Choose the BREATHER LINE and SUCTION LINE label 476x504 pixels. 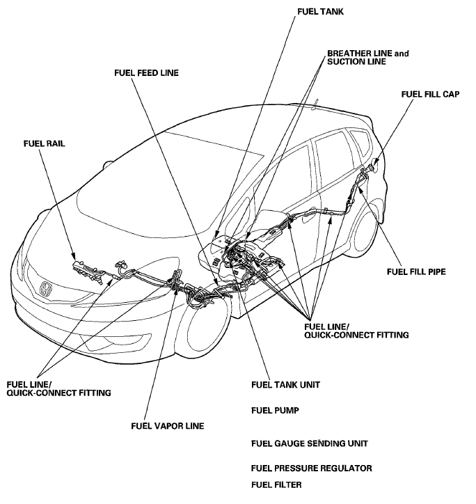pyautogui.click(x=367, y=58)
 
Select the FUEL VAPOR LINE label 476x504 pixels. pyautogui.click(x=171, y=425)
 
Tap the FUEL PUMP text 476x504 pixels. pyautogui.click(x=275, y=411)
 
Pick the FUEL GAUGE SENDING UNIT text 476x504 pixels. pyautogui.click(x=309, y=443)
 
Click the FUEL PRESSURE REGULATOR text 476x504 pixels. pyautogui.click(x=312, y=468)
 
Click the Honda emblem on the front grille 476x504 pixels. pyautogui.click(x=45, y=289)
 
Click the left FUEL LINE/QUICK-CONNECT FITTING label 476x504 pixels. pyautogui.click(x=58, y=388)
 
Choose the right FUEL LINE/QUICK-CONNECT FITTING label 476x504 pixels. pyautogui.click(x=356, y=330)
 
